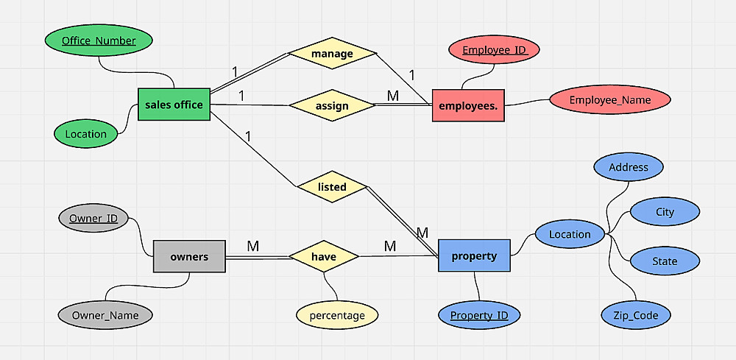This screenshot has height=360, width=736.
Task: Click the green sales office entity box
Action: click(174, 105)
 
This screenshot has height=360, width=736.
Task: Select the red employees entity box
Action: click(467, 106)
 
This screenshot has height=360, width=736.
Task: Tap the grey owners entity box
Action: click(189, 257)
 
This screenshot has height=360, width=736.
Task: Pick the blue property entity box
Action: click(474, 256)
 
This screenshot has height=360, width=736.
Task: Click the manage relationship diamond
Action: click(332, 54)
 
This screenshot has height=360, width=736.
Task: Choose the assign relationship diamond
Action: click(332, 106)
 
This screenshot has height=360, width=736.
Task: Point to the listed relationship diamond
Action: click(332, 187)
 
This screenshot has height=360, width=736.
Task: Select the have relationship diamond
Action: click(324, 257)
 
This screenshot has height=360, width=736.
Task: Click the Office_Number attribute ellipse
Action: click(99, 40)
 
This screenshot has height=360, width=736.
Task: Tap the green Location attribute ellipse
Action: click(85, 134)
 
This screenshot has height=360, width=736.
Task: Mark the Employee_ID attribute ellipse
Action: click(495, 50)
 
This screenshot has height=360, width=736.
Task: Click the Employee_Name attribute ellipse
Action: click(610, 100)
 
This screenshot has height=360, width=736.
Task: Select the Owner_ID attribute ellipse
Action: click(93, 219)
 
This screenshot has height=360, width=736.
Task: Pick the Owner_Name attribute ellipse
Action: click(105, 316)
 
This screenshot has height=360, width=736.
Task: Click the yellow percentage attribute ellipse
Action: click(337, 316)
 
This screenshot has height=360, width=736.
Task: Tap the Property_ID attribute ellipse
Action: click(479, 316)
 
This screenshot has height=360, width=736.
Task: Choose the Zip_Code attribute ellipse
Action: click(635, 316)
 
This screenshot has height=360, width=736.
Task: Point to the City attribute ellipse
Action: click(665, 212)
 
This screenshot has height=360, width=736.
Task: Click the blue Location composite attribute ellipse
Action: click(570, 235)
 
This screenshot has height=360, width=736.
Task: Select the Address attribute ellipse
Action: click(629, 167)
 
